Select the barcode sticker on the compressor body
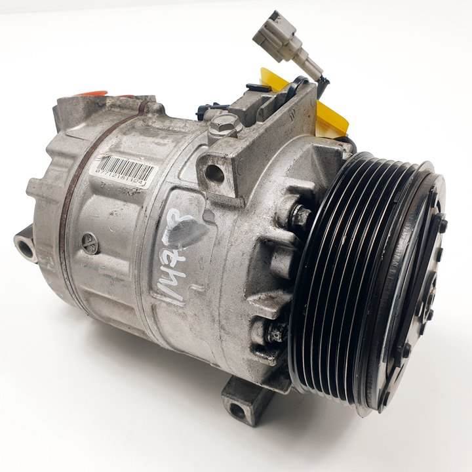123,170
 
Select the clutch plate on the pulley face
420,288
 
